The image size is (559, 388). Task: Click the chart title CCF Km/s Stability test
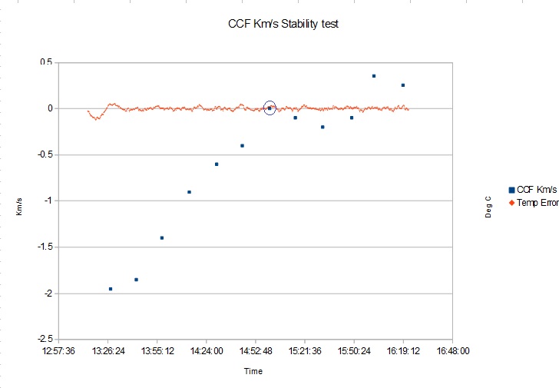pyautogui.click(x=283, y=24)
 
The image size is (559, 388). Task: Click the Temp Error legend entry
pyautogui.click(x=537, y=203)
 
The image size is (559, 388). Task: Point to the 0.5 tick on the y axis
pyautogui.click(x=46, y=62)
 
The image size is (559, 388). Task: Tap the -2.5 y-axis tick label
pyautogui.click(x=45, y=339)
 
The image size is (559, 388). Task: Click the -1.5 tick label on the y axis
pyautogui.click(x=45, y=247)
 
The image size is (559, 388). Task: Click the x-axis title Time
pyautogui.click(x=253, y=371)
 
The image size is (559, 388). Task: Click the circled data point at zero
pyautogui.click(x=270, y=108)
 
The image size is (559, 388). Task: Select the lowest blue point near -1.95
pyautogui.click(x=111, y=289)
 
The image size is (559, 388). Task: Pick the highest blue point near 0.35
pyautogui.click(x=374, y=76)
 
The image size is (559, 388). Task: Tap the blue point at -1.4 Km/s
pyautogui.click(x=162, y=238)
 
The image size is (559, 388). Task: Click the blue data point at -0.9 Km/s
pyautogui.click(x=189, y=192)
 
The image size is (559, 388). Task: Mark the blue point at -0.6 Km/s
pyautogui.click(x=217, y=164)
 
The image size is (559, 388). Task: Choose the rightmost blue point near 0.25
pyautogui.click(x=402, y=85)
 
